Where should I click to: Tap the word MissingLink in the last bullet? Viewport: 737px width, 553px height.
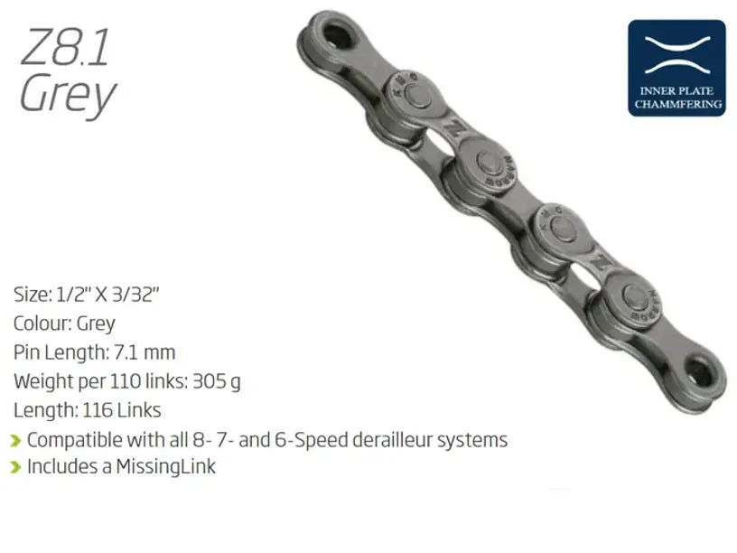(x=165, y=467)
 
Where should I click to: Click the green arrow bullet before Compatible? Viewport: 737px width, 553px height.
(x=15, y=441)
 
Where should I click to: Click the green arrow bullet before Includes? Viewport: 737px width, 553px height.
(x=15, y=468)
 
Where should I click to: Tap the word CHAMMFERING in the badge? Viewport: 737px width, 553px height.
(x=677, y=105)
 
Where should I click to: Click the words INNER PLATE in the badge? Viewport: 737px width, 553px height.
(x=677, y=91)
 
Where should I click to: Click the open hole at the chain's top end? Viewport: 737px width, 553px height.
(x=337, y=37)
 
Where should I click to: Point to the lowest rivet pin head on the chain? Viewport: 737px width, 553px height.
(x=634, y=296)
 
